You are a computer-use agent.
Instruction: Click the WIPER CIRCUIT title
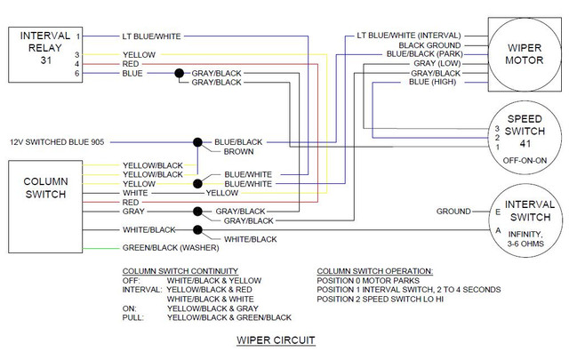coord(276,340)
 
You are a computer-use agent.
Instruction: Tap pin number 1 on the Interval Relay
coord(78,36)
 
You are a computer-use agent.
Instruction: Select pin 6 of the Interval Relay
coord(77,73)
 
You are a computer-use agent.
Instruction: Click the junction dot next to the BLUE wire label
coord(180,73)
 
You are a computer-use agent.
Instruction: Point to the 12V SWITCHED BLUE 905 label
coord(57,142)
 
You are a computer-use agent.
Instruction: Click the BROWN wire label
coord(238,152)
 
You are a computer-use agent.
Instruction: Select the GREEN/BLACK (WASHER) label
coord(171,248)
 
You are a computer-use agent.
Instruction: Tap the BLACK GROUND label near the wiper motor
coord(429,45)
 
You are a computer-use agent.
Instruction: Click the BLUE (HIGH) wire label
coord(433,82)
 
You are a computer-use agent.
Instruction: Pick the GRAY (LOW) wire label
coord(437,63)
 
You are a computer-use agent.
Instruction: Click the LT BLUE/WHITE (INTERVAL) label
coord(409,36)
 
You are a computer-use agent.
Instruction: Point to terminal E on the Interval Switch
coord(498,212)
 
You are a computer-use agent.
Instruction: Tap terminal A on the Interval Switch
coord(498,230)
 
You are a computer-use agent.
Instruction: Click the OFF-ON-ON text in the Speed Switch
coord(525,160)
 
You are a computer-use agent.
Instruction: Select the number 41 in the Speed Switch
coord(525,144)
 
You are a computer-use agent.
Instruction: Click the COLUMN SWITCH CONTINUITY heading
coord(180,271)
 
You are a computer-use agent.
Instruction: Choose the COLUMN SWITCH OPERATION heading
coord(375,271)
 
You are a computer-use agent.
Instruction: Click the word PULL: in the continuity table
coord(132,318)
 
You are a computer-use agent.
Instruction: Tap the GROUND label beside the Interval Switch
coord(453,212)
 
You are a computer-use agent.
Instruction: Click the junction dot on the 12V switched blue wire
coord(197,142)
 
